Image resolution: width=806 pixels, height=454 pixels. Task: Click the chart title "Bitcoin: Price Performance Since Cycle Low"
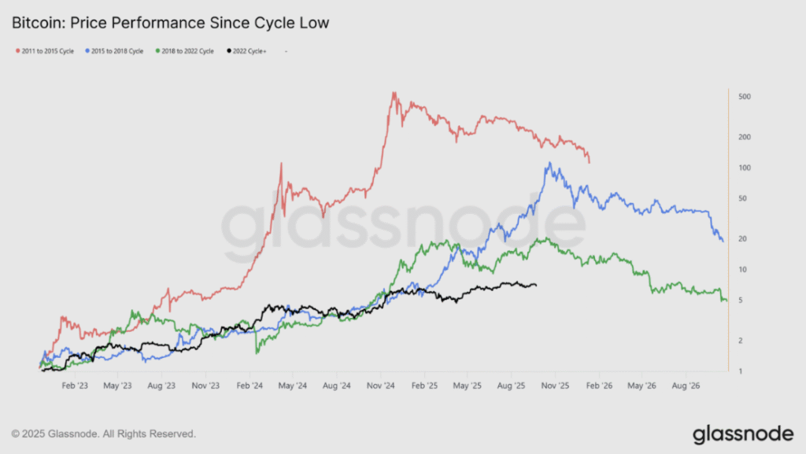click(x=170, y=23)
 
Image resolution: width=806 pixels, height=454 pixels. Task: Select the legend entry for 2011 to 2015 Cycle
click(x=45, y=51)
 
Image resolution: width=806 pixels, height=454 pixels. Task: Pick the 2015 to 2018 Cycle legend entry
click(x=114, y=51)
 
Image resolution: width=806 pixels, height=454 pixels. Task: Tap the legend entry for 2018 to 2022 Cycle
click(x=184, y=51)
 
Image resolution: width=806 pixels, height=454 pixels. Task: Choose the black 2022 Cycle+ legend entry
click(x=246, y=51)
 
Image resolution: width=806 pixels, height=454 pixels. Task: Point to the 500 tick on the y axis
click(x=745, y=97)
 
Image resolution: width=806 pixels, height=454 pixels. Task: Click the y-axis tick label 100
click(x=745, y=168)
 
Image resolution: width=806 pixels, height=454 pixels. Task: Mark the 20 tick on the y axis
click(x=742, y=239)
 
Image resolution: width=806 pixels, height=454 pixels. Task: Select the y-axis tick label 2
click(x=740, y=341)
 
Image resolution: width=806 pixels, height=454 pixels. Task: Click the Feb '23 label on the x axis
click(x=75, y=386)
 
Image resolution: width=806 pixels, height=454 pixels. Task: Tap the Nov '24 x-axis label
click(x=380, y=386)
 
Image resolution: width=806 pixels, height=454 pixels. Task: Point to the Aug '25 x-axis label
click(x=511, y=386)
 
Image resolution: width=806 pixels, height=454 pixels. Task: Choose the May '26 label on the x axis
click(x=641, y=386)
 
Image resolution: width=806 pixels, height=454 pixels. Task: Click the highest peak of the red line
click(x=394, y=93)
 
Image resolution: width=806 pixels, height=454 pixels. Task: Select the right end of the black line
click(x=536, y=285)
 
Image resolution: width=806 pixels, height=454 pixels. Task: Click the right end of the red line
click(x=589, y=163)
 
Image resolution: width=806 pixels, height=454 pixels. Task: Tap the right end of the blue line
click(x=723, y=241)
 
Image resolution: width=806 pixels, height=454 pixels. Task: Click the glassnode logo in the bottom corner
click(x=743, y=434)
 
